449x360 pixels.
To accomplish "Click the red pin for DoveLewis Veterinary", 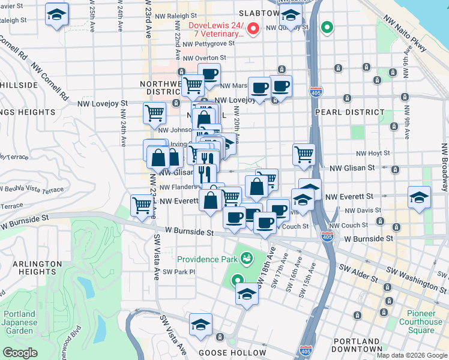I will click(x=253, y=28).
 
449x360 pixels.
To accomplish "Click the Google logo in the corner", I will click(x=20, y=353).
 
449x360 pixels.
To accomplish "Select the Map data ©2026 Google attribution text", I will click(x=411, y=355).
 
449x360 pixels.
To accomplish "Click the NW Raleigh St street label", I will click(x=175, y=16).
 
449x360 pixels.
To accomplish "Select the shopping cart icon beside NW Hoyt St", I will click(x=304, y=154).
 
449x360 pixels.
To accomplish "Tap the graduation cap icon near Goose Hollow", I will click(x=200, y=325).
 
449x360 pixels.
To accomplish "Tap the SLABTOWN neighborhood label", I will click(x=259, y=13).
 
